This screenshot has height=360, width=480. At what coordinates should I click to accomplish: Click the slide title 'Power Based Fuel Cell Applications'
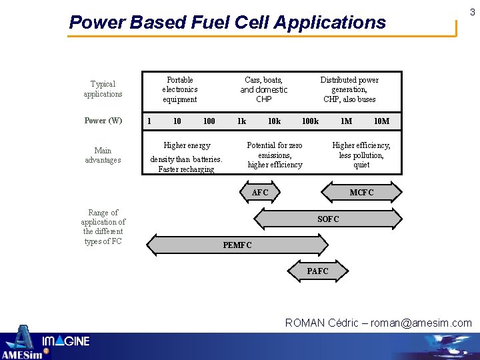[x=227, y=23]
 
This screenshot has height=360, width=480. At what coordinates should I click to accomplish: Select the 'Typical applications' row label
[x=103, y=89]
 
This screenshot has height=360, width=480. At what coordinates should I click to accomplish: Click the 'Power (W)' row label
[x=103, y=121]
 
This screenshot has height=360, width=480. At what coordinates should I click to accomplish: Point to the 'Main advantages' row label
[x=103, y=155]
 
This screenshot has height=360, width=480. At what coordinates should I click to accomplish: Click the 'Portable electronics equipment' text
[x=180, y=89]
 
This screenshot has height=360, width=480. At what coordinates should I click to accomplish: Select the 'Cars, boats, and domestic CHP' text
[x=263, y=89]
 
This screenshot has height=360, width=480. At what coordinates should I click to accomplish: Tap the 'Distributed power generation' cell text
[x=349, y=89]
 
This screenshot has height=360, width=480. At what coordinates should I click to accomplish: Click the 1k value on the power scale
[x=241, y=121]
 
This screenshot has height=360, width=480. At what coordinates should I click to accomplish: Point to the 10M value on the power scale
[x=381, y=121]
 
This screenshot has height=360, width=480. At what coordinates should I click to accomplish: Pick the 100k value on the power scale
[x=310, y=121]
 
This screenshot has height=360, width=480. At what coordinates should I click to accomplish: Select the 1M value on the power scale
[x=346, y=121]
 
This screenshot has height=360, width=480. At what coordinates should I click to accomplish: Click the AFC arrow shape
[x=260, y=193]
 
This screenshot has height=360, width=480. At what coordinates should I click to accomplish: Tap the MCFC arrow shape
[x=362, y=193]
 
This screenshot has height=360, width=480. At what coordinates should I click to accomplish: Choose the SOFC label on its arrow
[x=328, y=219]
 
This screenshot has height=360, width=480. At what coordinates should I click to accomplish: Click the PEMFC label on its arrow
[x=237, y=245]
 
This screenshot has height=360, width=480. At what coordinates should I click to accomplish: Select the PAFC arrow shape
[x=317, y=271]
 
